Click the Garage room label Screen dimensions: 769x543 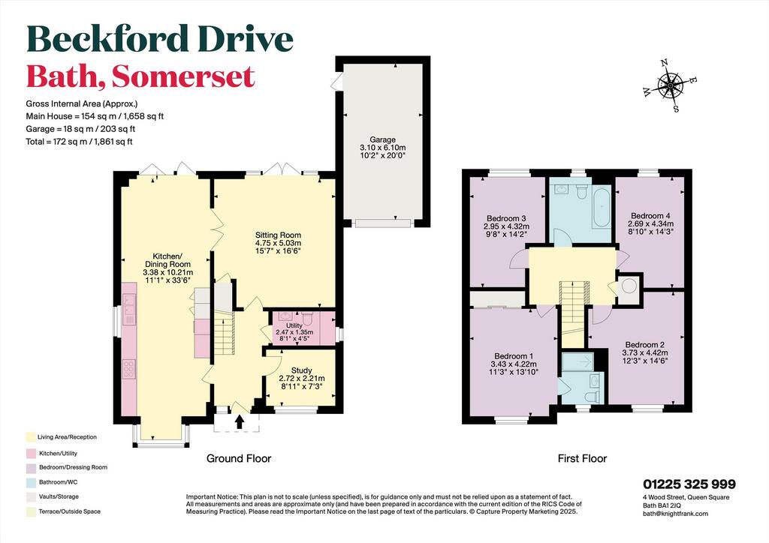pyautogui.click(x=382, y=139)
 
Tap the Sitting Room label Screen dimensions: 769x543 pyautogui.click(x=278, y=235)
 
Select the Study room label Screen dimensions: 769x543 pyautogui.click(x=302, y=370)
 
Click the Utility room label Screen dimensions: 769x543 pyautogui.click(x=294, y=325)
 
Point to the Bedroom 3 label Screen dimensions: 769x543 pyautogui.click(x=507, y=218)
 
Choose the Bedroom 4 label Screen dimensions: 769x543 pyautogui.click(x=650, y=216)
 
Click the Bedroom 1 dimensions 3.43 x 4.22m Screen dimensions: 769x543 pyautogui.click(x=514, y=364)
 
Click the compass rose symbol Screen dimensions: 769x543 pyautogui.click(x=669, y=85)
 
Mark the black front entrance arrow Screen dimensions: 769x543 pyautogui.click(x=240, y=422)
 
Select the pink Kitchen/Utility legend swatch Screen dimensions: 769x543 pyautogui.click(x=31, y=454)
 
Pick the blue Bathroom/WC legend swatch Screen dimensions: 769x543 pyautogui.click(x=31, y=482)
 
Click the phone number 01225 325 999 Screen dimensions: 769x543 pyautogui.click(x=689, y=484)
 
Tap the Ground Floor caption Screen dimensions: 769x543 pyautogui.click(x=239, y=458)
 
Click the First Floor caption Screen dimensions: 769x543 pyautogui.click(x=582, y=458)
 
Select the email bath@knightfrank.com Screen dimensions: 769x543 pyautogui.click(x=675, y=514)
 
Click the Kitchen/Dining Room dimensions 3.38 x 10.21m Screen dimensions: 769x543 pyautogui.click(x=167, y=272)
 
